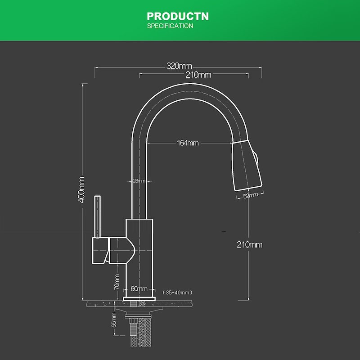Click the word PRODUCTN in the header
click(x=178, y=17)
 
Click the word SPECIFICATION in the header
click(x=170, y=26)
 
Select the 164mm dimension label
click(x=188, y=143)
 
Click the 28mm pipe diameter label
click(x=139, y=181)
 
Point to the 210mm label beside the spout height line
click(x=249, y=245)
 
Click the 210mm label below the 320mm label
click(x=198, y=75)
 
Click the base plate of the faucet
click(x=139, y=298)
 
